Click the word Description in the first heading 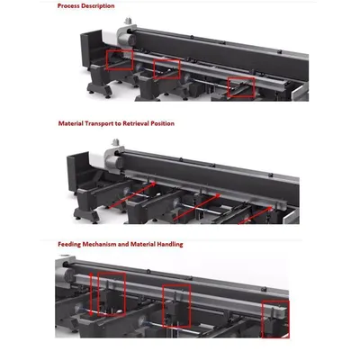[99, 6]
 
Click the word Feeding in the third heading [72, 244]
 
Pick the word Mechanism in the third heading [107, 244]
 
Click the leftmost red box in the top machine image [120, 59]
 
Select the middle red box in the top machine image [166, 67]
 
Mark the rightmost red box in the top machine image [240, 86]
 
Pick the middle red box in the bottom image [177, 305]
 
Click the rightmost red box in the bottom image [274, 319]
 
